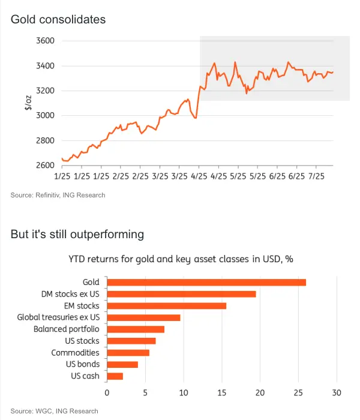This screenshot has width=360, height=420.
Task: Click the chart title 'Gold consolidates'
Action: click(58, 20)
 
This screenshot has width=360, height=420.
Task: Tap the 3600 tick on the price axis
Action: click(45, 41)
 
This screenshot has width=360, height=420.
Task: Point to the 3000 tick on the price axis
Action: click(45, 115)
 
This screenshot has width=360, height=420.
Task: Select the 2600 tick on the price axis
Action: click(45, 165)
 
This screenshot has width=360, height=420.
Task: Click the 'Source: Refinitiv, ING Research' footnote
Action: click(58, 195)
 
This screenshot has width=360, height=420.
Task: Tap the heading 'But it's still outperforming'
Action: click(77, 234)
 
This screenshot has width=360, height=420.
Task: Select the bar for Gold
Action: click(206, 282)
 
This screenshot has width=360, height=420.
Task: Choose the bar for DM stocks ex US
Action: click(181, 294)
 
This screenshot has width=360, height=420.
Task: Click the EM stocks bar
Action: click(166, 306)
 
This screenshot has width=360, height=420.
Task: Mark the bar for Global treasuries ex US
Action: click(143, 317)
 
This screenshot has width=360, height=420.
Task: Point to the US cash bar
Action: click(115, 376)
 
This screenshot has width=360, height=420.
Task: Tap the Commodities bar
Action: click(128, 353)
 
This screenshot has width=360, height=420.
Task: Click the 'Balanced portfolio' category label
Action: click(67, 329)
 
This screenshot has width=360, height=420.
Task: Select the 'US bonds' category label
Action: click(83, 364)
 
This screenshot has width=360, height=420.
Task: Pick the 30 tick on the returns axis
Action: click(337, 393)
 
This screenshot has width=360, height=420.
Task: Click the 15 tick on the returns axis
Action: click(221, 393)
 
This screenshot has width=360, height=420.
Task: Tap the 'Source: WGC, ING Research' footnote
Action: click(54, 411)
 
